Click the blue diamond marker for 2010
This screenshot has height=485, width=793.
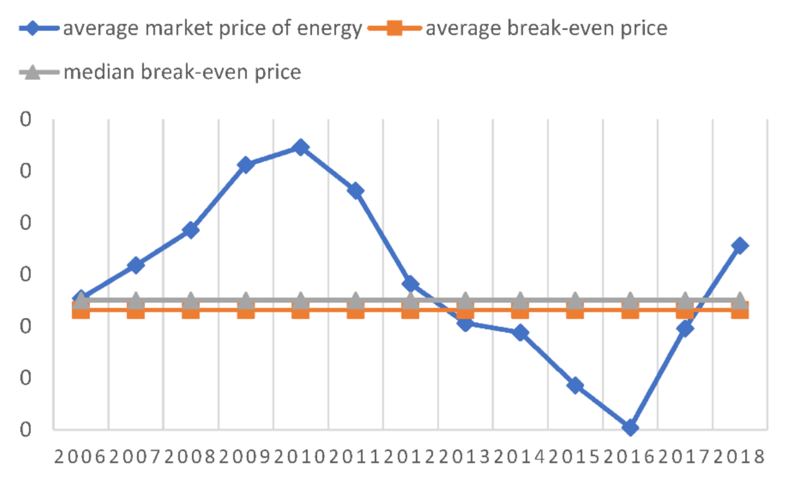pos(300,147)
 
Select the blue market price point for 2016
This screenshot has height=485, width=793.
pos(630,428)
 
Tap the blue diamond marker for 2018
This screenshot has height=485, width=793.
pos(740,245)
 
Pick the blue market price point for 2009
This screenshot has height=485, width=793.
pos(246,165)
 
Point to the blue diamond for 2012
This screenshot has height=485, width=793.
pos(410,284)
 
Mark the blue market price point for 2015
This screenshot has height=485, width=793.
pos(575,385)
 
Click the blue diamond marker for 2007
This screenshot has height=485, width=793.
pos(136,265)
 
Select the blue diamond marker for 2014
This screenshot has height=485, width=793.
pos(520,332)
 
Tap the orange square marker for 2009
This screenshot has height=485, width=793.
pos(246,311)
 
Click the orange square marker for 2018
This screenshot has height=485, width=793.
pos(740,311)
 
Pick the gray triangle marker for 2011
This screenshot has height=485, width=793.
pos(356,300)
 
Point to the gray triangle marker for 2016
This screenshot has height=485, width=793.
pos(630,300)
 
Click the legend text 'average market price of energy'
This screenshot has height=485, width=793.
pos(212,28)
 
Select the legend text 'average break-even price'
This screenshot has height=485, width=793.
pos(546,28)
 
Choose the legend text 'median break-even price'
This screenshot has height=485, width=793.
pos(182,72)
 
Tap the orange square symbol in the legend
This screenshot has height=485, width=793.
pos(394,28)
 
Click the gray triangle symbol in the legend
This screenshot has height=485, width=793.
pos(33,72)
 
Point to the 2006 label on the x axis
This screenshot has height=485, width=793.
pos(81,457)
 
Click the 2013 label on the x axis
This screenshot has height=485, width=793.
pos(465,457)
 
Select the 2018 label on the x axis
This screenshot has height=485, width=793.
pos(740,457)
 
